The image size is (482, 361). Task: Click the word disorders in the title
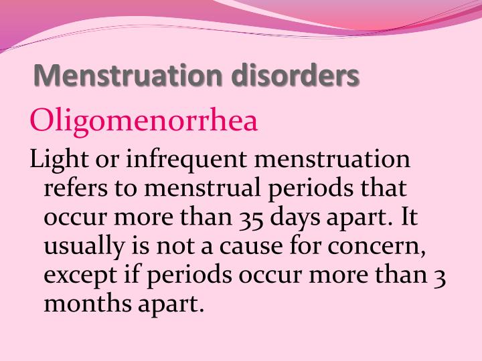point(296,76)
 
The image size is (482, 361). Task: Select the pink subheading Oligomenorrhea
point(144,122)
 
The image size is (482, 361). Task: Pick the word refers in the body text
point(73,189)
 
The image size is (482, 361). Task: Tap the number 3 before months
point(439,275)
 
